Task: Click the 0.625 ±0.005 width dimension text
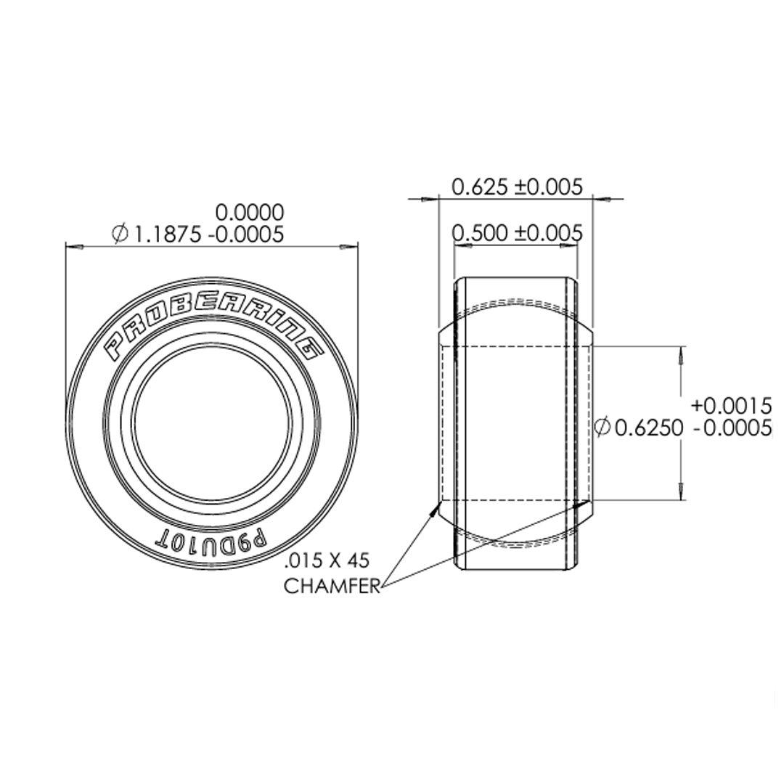pos(517,187)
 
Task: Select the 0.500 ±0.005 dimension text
pos(517,234)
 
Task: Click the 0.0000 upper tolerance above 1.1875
pos(250,213)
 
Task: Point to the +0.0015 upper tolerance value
pos(731,405)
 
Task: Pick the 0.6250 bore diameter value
pos(649,428)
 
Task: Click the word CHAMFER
pos(332,587)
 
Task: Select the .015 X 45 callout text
pos(327,560)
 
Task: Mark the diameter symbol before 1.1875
pos(121,234)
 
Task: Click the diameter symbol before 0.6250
pos(603,428)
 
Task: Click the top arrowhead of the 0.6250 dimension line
pos(681,352)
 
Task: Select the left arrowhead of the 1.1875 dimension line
pos(73,248)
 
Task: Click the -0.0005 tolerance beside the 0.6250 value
pos(732,429)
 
